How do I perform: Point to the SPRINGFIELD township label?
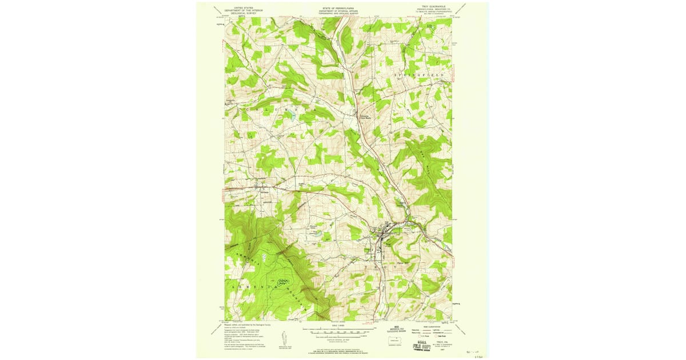tap(420, 75)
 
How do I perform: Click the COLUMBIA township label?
tap(274, 108)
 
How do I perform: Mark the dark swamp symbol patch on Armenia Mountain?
tap(281, 281)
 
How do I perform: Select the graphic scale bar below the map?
tap(340, 331)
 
